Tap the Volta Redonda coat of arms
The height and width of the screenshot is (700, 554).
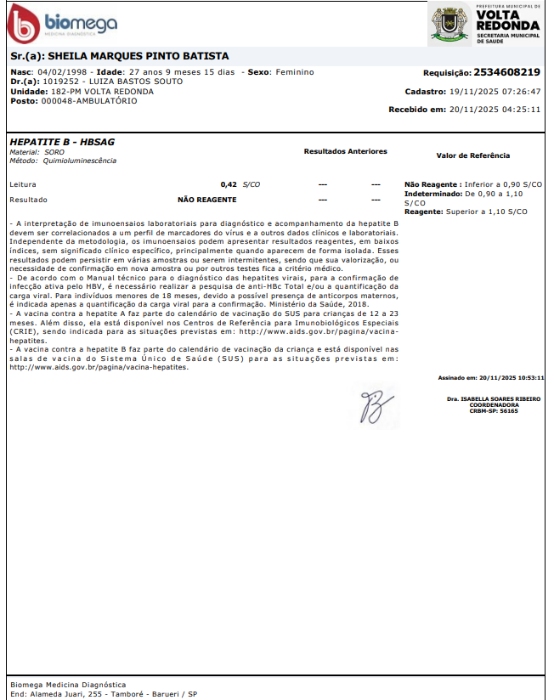coord(449,24)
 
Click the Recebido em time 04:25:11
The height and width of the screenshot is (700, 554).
coord(520,110)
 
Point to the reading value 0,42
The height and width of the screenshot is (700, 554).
coord(228,184)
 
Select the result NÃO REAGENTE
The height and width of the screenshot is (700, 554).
coord(207,200)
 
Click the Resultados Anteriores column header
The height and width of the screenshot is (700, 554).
coord(345,151)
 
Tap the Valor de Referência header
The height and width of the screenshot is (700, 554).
coord(472,156)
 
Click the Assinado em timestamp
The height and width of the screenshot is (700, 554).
coord(490,378)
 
